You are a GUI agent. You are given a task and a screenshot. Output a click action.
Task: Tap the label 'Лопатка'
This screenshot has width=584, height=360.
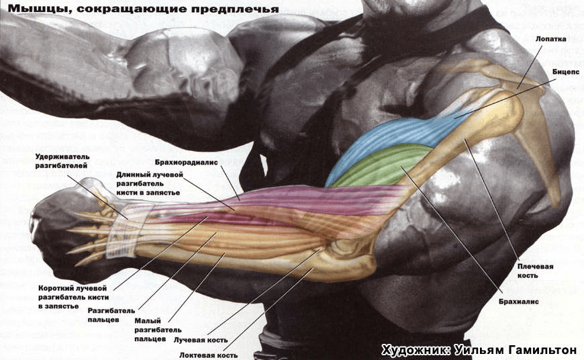[551, 39]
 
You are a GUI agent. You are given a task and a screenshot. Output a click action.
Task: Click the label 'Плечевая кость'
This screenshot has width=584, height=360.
[535, 271]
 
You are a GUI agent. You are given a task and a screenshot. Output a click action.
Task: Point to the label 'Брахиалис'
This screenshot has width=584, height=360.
[519, 302]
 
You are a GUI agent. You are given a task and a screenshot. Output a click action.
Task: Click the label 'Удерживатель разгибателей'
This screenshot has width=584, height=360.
[62, 161]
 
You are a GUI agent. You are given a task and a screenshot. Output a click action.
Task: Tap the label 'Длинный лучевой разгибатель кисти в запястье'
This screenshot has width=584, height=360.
[148, 183]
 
